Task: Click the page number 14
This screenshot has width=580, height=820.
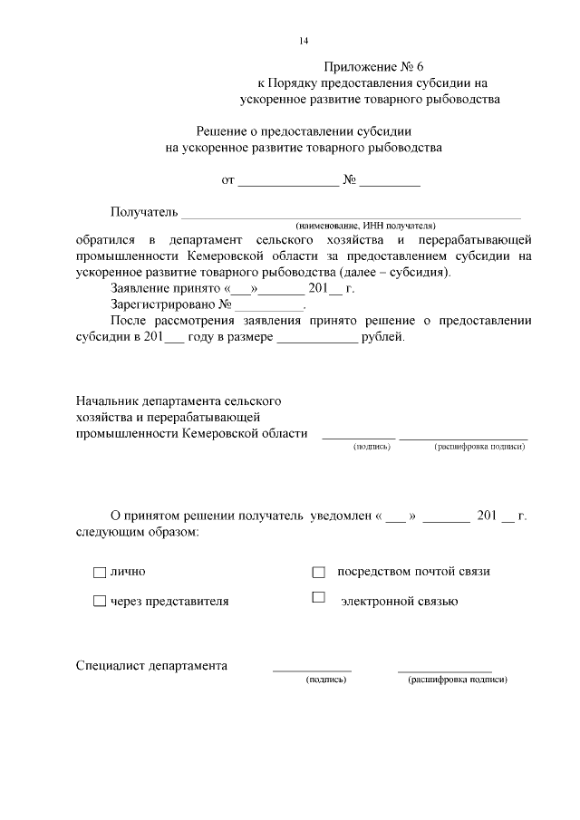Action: click(304, 41)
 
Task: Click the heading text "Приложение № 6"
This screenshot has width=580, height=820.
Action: click(372, 67)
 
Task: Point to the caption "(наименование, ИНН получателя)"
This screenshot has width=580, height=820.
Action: click(365, 225)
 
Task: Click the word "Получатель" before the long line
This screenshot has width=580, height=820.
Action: click(144, 212)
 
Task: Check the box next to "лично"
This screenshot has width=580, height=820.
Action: click(99, 573)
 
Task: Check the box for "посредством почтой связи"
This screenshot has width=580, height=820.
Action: click(318, 573)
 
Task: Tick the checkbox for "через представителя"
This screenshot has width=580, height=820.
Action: click(99, 601)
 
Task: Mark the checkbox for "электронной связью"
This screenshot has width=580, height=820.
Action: click(318, 597)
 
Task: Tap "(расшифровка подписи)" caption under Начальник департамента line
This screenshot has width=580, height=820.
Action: click(479, 447)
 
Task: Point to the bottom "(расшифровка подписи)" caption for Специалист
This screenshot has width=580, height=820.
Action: click(457, 680)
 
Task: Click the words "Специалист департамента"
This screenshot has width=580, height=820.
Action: click(150, 666)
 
